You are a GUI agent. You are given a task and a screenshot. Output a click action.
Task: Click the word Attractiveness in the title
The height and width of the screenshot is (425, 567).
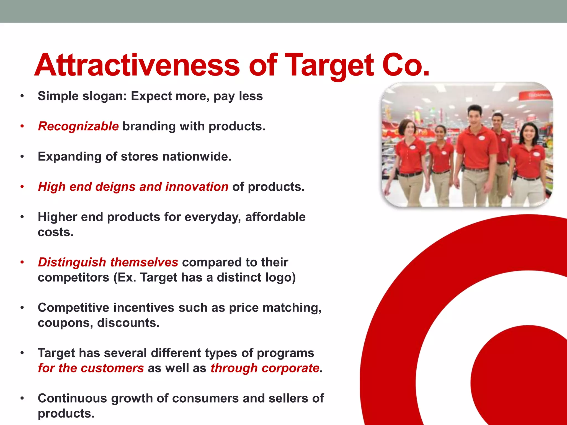pyautogui.click(x=137, y=65)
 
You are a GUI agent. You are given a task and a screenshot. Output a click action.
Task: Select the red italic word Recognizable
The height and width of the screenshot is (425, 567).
pyautogui.click(x=78, y=126)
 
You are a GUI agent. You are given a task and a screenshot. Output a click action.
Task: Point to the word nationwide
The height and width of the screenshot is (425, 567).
pyautogui.click(x=197, y=156)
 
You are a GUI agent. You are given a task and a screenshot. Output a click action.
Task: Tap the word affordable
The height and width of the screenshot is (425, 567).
pyautogui.click(x=275, y=217)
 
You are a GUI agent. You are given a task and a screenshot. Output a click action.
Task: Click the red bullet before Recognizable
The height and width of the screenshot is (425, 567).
pyautogui.click(x=22, y=126)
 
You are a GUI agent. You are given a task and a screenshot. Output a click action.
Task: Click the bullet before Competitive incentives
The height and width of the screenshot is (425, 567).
pyautogui.click(x=22, y=308)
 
